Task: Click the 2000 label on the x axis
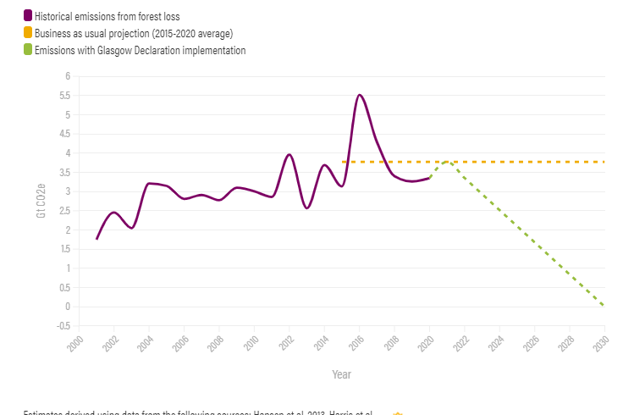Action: (x=74, y=342)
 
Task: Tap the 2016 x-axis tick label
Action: (x=356, y=342)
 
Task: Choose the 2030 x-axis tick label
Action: (x=601, y=342)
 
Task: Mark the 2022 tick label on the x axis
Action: (x=460, y=342)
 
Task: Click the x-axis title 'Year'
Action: (x=341, y=373)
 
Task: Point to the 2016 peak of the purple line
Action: (x=360, y=95)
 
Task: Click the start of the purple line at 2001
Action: (x=96, y=239)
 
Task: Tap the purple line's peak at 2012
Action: (x=289, y=154)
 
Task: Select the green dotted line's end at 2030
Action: (x=604, y=306)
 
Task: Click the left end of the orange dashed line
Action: (x=343, y=161)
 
